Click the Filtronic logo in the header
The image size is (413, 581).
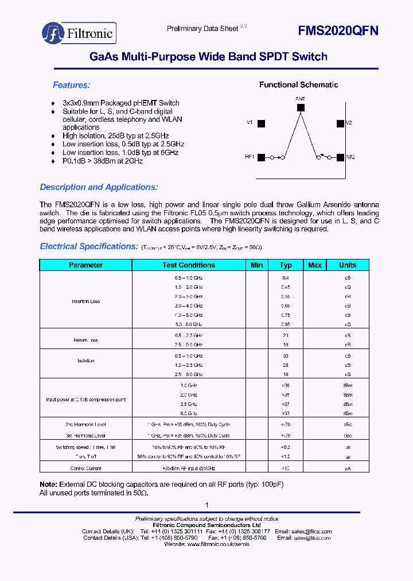click(79, 33)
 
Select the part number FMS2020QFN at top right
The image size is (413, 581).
click(338, 32)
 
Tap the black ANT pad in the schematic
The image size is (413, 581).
click(301, 107)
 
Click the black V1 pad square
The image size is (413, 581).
click(261, 123)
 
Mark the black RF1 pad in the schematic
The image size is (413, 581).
click(261, 157)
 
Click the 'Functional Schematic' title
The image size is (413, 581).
click(298, 85)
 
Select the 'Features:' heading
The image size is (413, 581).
click(72, 85)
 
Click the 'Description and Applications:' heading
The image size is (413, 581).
click(99, 187)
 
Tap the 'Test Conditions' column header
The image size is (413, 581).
click(189, 265)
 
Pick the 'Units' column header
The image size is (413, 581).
click(348, 265)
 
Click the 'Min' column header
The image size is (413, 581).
click(257, 265)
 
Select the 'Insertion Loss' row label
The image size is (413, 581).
click(86, 301)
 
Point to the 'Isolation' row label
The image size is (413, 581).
click(86, 361)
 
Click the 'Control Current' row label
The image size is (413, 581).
click(86, 468)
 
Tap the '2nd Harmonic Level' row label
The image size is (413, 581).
click(86, 425)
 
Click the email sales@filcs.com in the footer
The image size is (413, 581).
click(313, 532)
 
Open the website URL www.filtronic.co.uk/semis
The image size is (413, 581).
click(219, 544)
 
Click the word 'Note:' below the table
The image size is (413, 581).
click(48, 485)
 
